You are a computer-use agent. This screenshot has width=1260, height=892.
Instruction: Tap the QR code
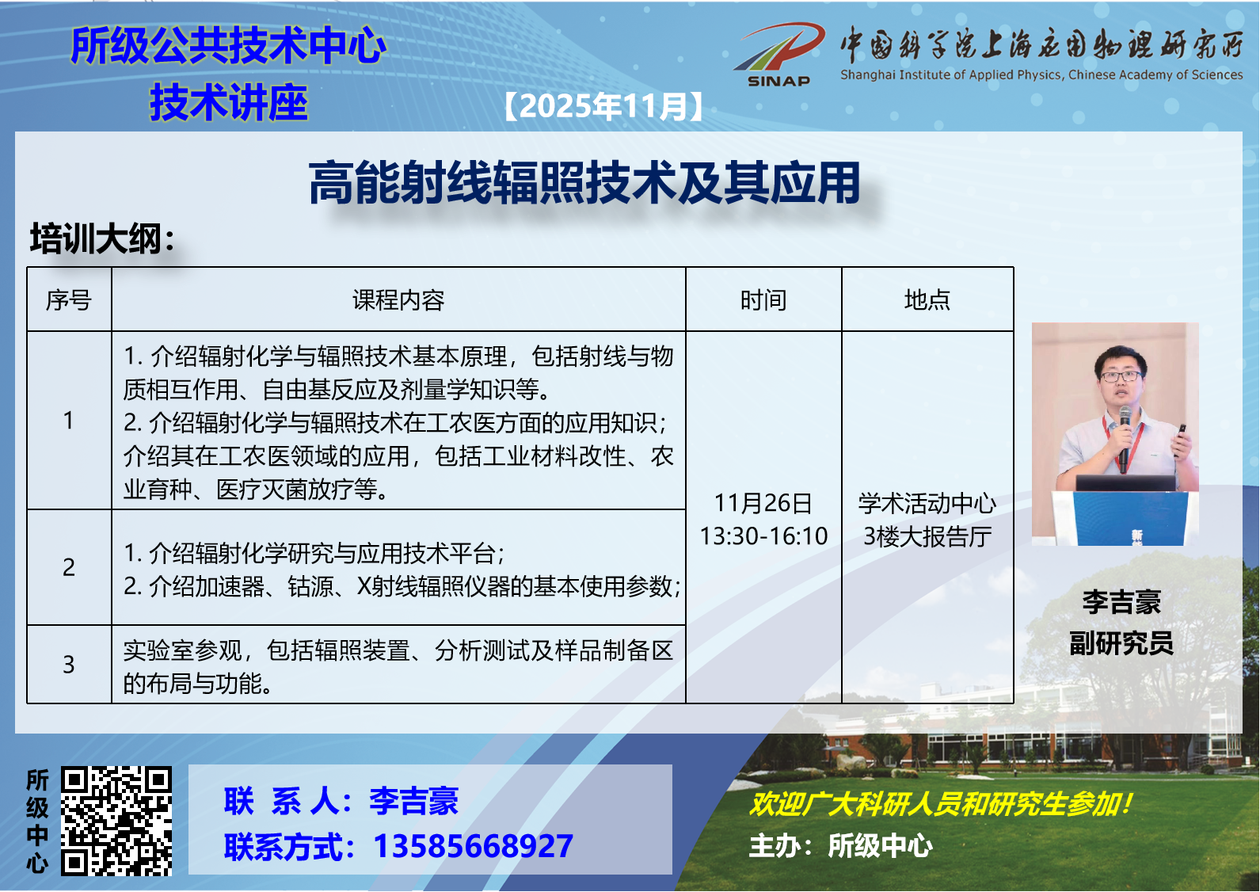[x=116, y=821]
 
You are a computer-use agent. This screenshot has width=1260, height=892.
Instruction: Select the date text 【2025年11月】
[x=603, y=106]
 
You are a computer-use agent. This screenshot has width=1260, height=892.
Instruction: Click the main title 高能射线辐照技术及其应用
[x=584, y=182]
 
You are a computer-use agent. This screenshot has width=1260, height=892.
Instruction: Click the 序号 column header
[x=69, y=300]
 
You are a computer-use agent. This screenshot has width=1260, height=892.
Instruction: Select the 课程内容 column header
[x=398, y=300]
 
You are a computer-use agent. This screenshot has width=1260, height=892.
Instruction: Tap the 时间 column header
[x=763, y=300]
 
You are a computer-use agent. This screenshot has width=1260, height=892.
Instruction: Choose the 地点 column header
[x=927, y=299]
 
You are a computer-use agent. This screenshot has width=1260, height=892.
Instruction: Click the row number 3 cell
[x=69, y=665]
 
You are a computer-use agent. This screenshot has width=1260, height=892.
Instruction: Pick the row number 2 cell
[x=69, y=567]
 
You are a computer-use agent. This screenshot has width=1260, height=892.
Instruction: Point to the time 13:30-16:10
[x=763, y=536]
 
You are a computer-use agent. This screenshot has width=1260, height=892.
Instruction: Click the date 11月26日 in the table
[x=763, y=503]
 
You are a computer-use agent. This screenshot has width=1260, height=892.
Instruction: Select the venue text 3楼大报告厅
[x=927, y=536]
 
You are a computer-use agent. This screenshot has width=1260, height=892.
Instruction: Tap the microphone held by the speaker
[x=1125, y=439]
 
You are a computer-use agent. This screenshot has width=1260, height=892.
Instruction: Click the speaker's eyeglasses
[x=1121, y=376]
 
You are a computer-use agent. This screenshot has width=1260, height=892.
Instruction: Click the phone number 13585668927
[x=473, y=846]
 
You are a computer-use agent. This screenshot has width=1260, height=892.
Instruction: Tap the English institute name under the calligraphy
[x=1041, y=74]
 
